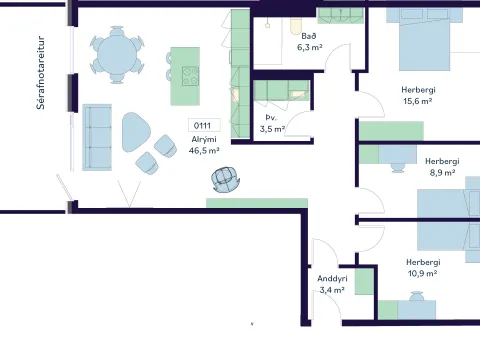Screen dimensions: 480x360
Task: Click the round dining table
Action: pos(117,54)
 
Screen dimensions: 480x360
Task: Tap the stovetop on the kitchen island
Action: pos(190,76)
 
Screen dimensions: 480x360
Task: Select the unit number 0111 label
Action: pos(202,125)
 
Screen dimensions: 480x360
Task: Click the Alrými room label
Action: pos(204,139)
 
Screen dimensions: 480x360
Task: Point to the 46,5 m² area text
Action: pos(204,150)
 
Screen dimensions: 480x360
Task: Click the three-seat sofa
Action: pos(97,137)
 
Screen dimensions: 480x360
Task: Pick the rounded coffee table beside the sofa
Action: pos(136,132)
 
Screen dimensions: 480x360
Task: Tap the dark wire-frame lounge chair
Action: pos(226,180)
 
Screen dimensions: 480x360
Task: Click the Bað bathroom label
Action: pos(309,36)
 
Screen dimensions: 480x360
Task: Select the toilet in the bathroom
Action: pos(295,26)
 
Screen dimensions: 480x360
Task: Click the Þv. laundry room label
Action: pos(271,118)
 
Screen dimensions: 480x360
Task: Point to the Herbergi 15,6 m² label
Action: pos(418,95)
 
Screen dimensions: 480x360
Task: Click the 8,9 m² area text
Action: pos(443,173)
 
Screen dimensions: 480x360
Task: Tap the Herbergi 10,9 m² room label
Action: pos(423,268)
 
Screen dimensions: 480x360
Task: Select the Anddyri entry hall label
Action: pos(332,278)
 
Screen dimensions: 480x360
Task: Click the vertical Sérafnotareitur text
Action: pos(41,73)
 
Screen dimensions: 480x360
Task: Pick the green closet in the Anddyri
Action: pos(364,282)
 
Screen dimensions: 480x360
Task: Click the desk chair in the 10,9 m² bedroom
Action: pos(416,296)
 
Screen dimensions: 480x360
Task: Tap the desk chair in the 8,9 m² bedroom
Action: pos(397,168)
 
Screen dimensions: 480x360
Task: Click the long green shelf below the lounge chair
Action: pos(257,203)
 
